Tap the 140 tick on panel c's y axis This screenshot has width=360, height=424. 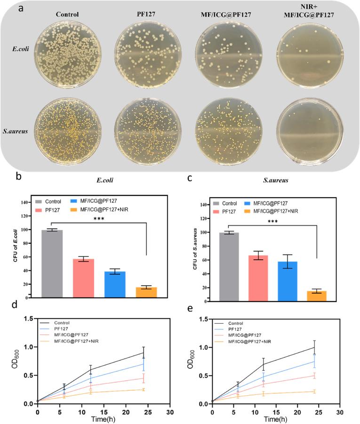[x=204, y=205]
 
